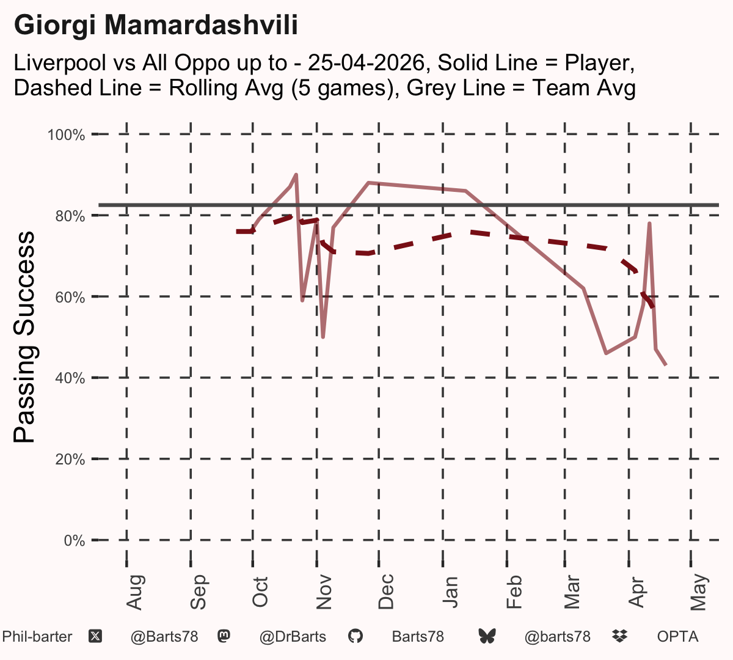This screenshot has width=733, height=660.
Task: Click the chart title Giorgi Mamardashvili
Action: coord(156,25)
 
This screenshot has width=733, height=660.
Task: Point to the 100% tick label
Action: coord(66,135)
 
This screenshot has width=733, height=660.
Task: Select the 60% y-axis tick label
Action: coord(70,297)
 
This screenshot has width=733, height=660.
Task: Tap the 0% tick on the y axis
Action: coord(74,540)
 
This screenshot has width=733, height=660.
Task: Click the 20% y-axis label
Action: coord(70,460)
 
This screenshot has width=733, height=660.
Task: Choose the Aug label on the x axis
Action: coord(135,592)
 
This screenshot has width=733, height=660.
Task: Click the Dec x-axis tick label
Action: coord(386,592)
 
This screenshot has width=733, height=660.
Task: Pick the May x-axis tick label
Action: coord(699,592)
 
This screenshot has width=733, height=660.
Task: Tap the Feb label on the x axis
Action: coord(514,592)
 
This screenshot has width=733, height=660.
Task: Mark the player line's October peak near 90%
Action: coord(296,175)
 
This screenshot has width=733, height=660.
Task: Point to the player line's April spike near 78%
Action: coord(649,223)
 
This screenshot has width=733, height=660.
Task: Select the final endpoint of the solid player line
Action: coord(666,365)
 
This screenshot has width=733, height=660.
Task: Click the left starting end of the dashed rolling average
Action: coord(237,232)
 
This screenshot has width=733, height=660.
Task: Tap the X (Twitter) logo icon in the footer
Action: coord(95,637)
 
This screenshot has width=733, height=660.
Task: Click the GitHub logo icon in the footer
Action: coord(356,637)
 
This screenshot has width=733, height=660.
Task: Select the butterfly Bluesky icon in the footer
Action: coord(487,637)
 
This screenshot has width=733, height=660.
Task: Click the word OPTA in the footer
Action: coord(678,637)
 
